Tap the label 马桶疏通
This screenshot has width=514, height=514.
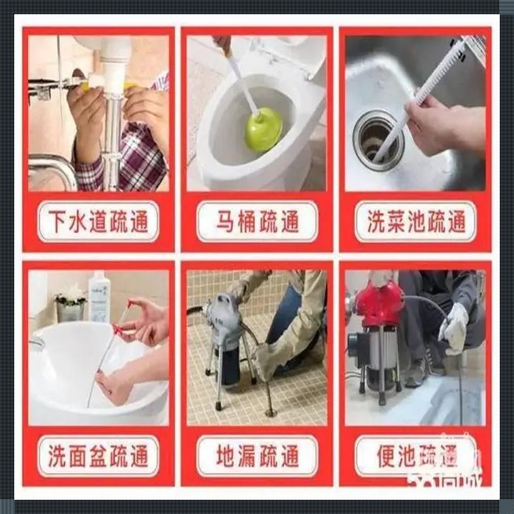click(257, 222)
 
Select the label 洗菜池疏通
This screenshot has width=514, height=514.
click(417, 222)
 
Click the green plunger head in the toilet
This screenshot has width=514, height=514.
click(264, 130)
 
